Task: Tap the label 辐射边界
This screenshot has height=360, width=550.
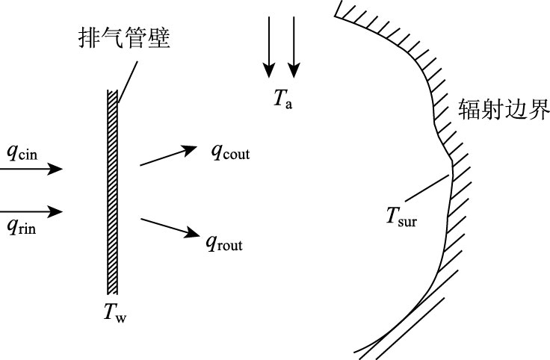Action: [504, 112]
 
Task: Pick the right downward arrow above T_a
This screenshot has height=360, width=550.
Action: [294, 46]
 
